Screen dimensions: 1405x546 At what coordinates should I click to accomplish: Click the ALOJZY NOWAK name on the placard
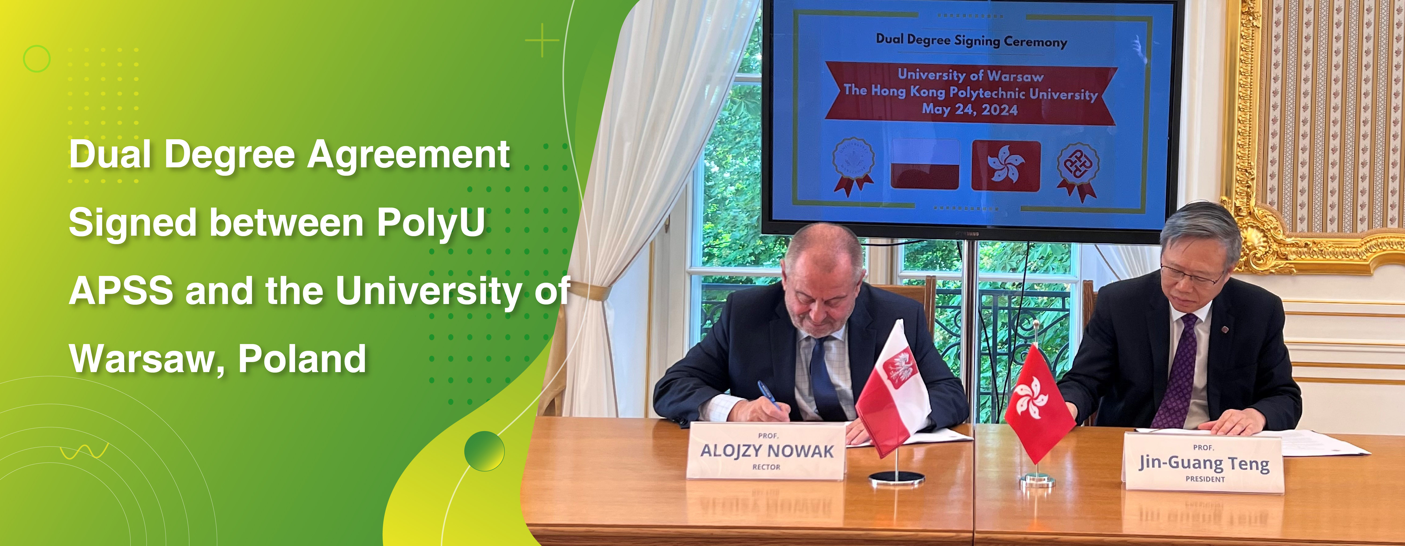(767, 451)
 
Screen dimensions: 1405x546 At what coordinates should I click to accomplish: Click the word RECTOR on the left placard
(766, 467)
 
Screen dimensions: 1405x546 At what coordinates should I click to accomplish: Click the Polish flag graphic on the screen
(925, 164)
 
